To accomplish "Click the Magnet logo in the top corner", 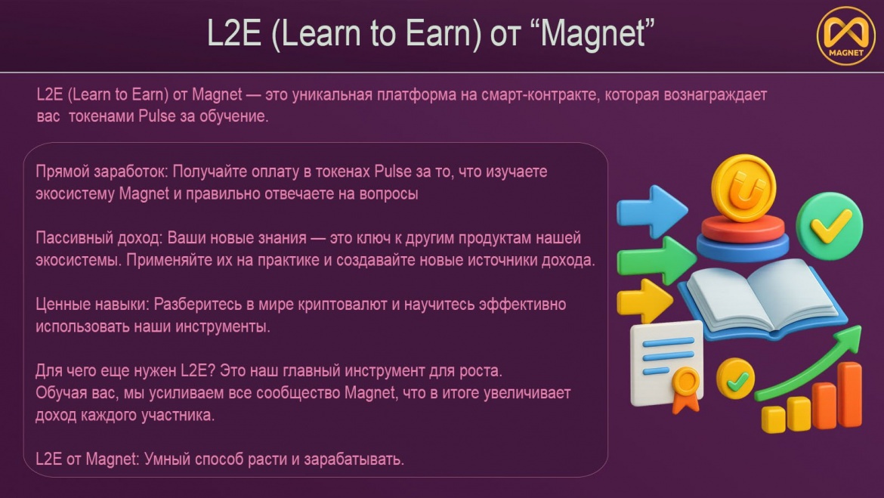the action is [845, 35].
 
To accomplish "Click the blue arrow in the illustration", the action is [652, 212].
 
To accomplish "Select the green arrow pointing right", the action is [656, 260].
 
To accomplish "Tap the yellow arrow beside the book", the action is [644, 301].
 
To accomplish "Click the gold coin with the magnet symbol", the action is [743, 188].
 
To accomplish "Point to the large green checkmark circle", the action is [829, 226].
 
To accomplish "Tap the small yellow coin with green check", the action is [735, 379].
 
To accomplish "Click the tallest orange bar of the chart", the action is [849, 394].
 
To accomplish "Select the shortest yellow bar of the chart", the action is [773, 419].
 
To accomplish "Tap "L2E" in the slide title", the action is [234, 33].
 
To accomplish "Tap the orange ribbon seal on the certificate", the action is [685, 388].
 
